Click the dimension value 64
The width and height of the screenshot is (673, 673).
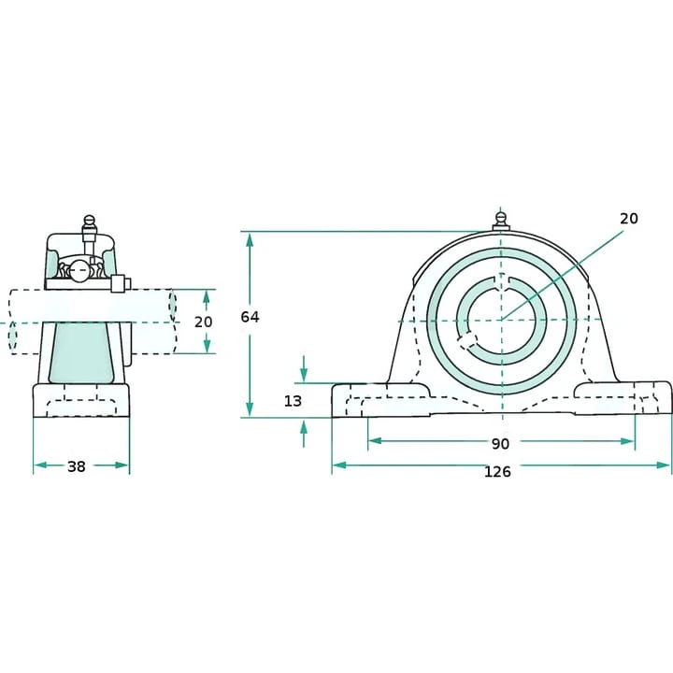[250, 317]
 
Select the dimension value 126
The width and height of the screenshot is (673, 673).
[497, 472]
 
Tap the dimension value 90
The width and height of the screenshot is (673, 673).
[500, 443]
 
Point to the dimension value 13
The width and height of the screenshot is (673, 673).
[294, 401]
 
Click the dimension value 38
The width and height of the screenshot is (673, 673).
[77, 466]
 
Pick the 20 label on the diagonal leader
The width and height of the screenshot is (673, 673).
[629, 219]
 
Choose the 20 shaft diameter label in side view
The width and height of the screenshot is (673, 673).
[204, 322]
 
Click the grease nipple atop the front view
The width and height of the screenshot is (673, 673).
[501, 221]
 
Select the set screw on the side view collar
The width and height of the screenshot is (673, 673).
[121, 284]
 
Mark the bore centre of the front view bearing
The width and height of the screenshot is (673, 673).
[501, 321]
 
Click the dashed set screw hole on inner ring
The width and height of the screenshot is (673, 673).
[467, 340]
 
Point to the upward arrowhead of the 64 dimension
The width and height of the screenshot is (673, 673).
[250, 239]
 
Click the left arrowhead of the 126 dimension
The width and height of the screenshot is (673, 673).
[339, 465]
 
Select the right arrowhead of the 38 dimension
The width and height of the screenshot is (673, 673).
[122, 465]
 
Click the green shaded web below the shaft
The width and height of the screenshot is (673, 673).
[81, 352]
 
